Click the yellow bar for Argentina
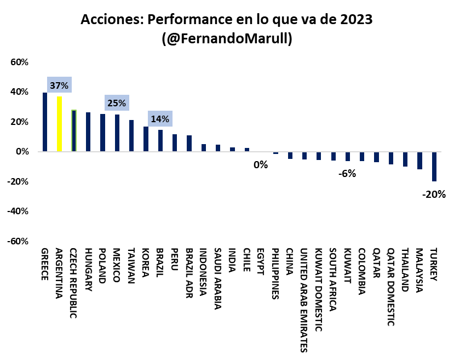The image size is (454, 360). [x=59, y=123]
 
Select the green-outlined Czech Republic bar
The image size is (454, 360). [x=74, y=130]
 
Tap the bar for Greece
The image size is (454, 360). [x=45, y=122]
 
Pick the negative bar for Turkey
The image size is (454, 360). [x=434, y=166]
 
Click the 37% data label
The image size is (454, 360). [x=59, y=85]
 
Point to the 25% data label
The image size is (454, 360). [x=117, y=103]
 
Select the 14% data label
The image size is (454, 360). [x=160, y=119]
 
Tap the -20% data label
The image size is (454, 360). [x=434, y=194]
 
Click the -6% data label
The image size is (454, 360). [x=347, y=174]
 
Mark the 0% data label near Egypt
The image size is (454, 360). [x=261, y=164]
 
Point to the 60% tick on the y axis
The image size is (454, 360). [x=19, y=62]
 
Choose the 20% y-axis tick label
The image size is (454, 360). [x=19, y=122]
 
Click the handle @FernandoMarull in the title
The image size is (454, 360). [x=227, y=39]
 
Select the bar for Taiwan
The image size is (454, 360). [x=131, y=135]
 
